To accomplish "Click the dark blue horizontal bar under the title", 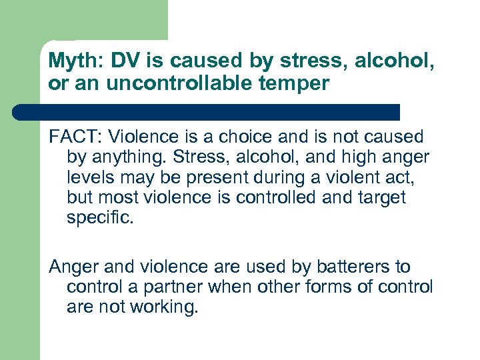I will coord(207,111).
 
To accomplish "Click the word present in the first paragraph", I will coord(225,178).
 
